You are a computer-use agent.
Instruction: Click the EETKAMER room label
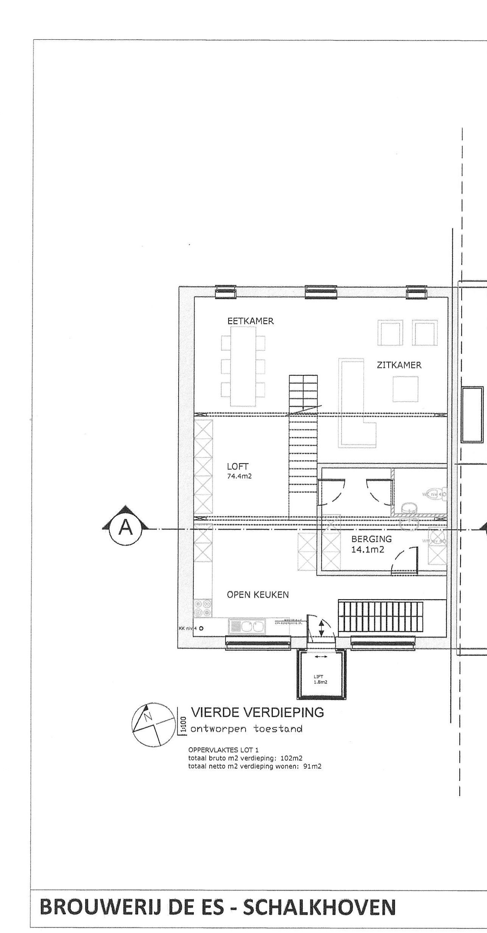251,321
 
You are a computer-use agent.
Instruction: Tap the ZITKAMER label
399,365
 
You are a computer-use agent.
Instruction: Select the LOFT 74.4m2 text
239,471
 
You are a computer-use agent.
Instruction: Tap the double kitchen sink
247,628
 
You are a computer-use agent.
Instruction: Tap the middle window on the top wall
321,293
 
